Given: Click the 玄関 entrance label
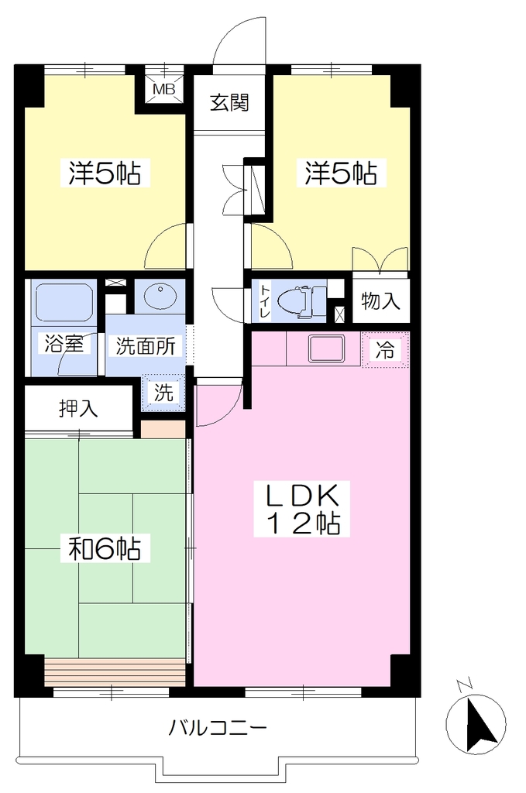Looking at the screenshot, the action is coord(230,103).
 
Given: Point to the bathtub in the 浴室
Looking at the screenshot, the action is coord(64,301).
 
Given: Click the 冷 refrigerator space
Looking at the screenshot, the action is coord(385,349).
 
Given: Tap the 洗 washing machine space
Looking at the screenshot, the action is coord(163,393).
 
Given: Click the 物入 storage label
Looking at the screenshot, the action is coord(380,301).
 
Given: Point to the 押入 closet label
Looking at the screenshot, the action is coord(78,408).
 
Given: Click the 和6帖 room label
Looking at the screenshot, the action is coord(105,548).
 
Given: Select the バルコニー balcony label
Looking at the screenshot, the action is coord(218,728).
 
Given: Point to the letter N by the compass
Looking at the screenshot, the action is coord(464,686).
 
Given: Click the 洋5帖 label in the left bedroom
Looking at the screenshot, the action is coord(105,173).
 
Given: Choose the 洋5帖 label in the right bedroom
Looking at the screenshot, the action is coord(340,173).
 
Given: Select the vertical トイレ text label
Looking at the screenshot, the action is coord(265,303).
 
